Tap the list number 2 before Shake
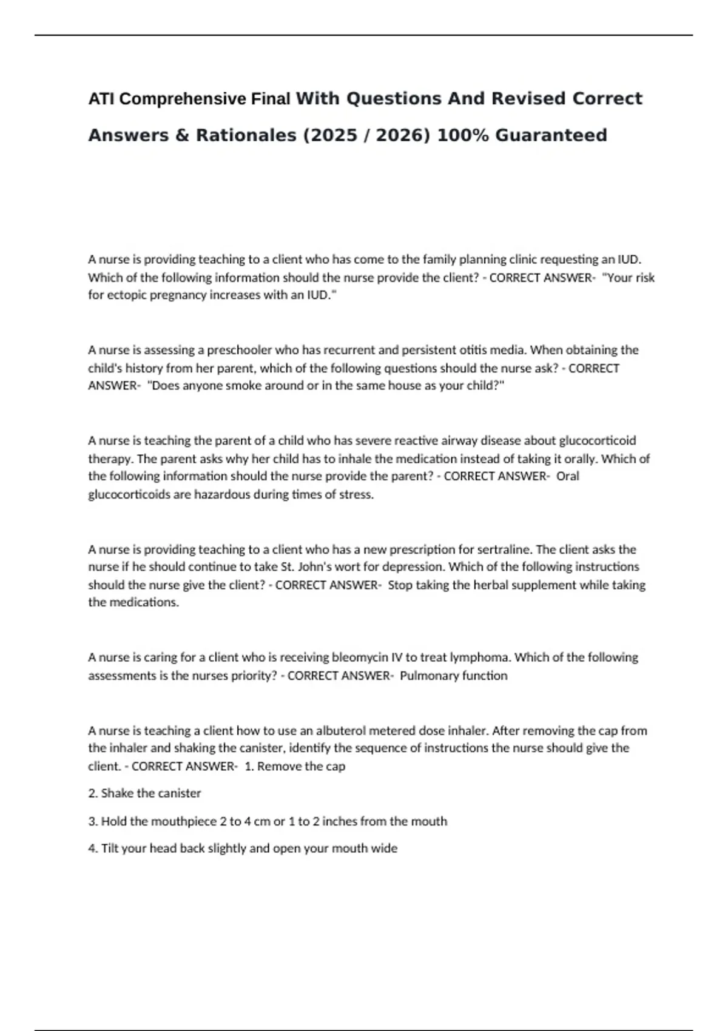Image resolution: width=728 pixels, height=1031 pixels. [x=92, y=793]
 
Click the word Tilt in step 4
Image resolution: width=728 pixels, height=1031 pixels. [x=109, y=848]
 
